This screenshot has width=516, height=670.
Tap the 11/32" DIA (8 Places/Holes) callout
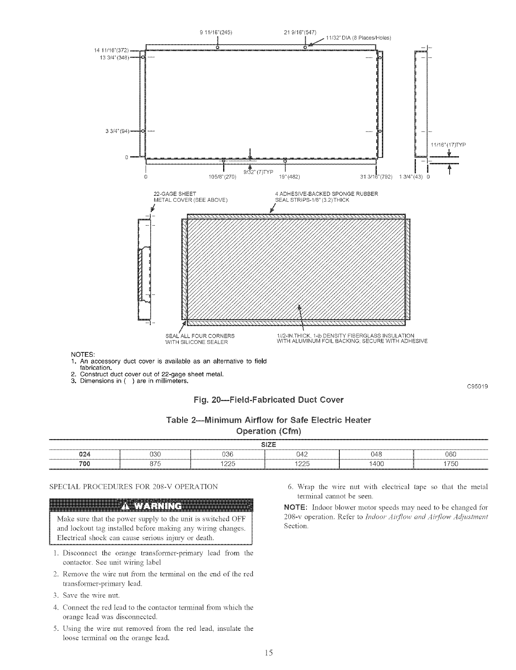(358, 37)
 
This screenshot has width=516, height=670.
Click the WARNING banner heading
(151, 506)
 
